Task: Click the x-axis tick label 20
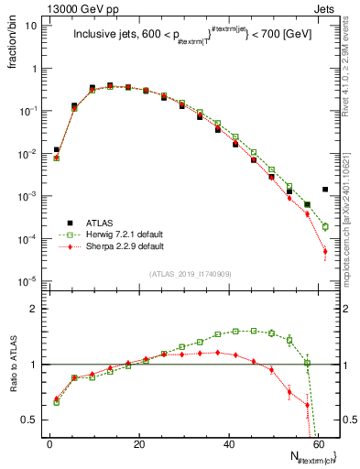pyautogui.click(x=138, y=444)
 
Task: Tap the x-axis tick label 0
pyautogui.click(x=49, y=444)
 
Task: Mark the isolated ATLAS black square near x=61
pyautogui.click(x=325, y=190)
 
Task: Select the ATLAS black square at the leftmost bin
pyautogui.click(x=56, y=149)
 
